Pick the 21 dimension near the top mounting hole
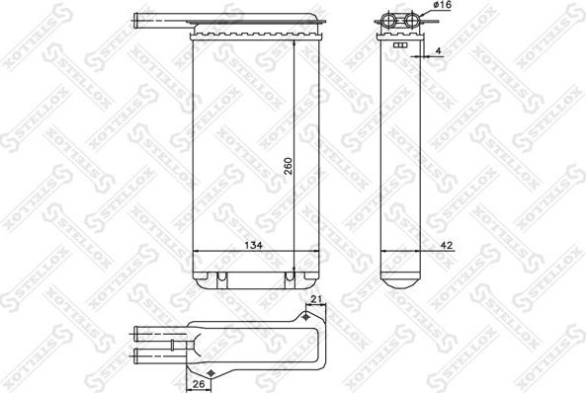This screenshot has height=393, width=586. click(x=315, y=301)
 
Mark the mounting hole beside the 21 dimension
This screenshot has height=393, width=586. click(x=308, y=317)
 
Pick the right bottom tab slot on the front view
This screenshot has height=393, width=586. click(x=289, y=275)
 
